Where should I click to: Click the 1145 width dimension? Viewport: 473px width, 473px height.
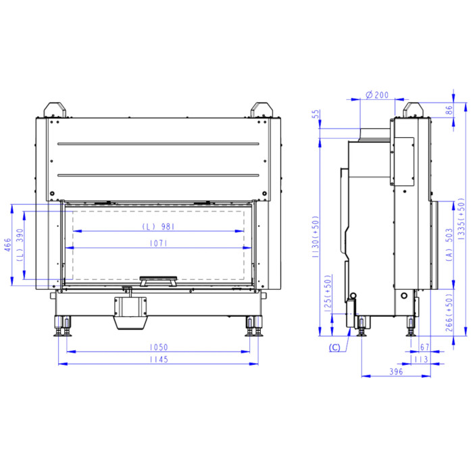click(x=159, y=359)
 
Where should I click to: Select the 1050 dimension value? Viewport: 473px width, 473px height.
click(x=159, y=347)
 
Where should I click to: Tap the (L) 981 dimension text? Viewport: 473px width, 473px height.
click(x=158, y=226)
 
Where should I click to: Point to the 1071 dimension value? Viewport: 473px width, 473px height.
click(x=159, y=243)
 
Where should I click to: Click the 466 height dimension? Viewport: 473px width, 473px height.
click(x=7, y=245)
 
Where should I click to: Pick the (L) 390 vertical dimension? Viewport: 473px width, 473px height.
click(x=20, y=245)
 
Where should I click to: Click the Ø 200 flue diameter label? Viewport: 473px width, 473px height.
click(x=377, y=95)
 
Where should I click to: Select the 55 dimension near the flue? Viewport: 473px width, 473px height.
click(x=316, y=114)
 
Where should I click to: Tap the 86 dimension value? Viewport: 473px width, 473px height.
click(x=449, y=110)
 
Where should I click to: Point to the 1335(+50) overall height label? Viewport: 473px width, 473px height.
click(x=462, y=219)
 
